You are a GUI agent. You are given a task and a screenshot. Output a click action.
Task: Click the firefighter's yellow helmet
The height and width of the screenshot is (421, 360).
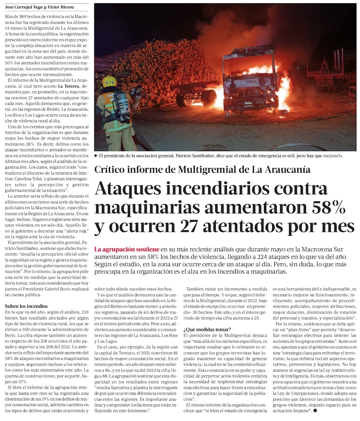point(109,81)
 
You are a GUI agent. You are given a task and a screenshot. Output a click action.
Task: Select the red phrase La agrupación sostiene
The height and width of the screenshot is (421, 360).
point(127,249)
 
